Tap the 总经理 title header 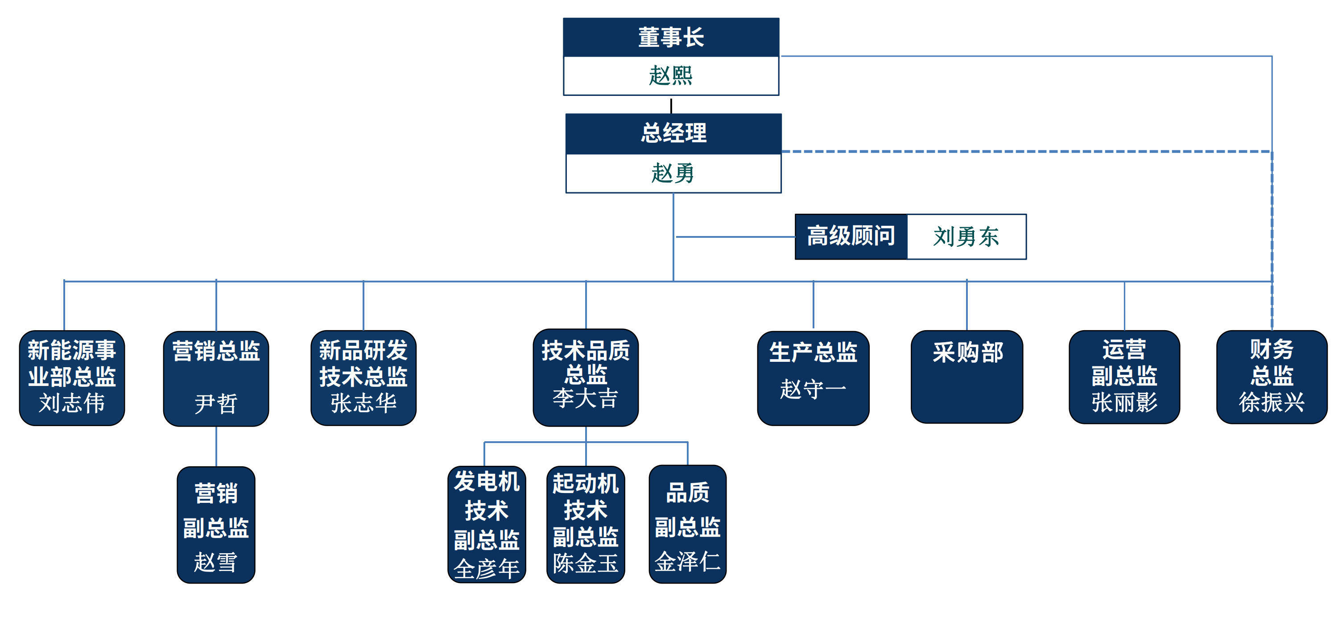[673, 133]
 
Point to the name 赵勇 [673, 174]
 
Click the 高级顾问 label [851, 236]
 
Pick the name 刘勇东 [966, 237]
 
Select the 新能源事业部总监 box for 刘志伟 [72, 378]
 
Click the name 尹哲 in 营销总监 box [215, 404]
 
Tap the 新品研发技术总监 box [363, 378]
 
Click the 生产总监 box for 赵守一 [813, 378]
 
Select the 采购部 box [966, 377]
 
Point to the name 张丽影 [1124, 402]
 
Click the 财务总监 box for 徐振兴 [1272, 377]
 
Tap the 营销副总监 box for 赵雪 [215, 525]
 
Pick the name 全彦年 [486, 568]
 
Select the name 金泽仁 [687, 562]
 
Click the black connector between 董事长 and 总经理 [671, 105]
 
